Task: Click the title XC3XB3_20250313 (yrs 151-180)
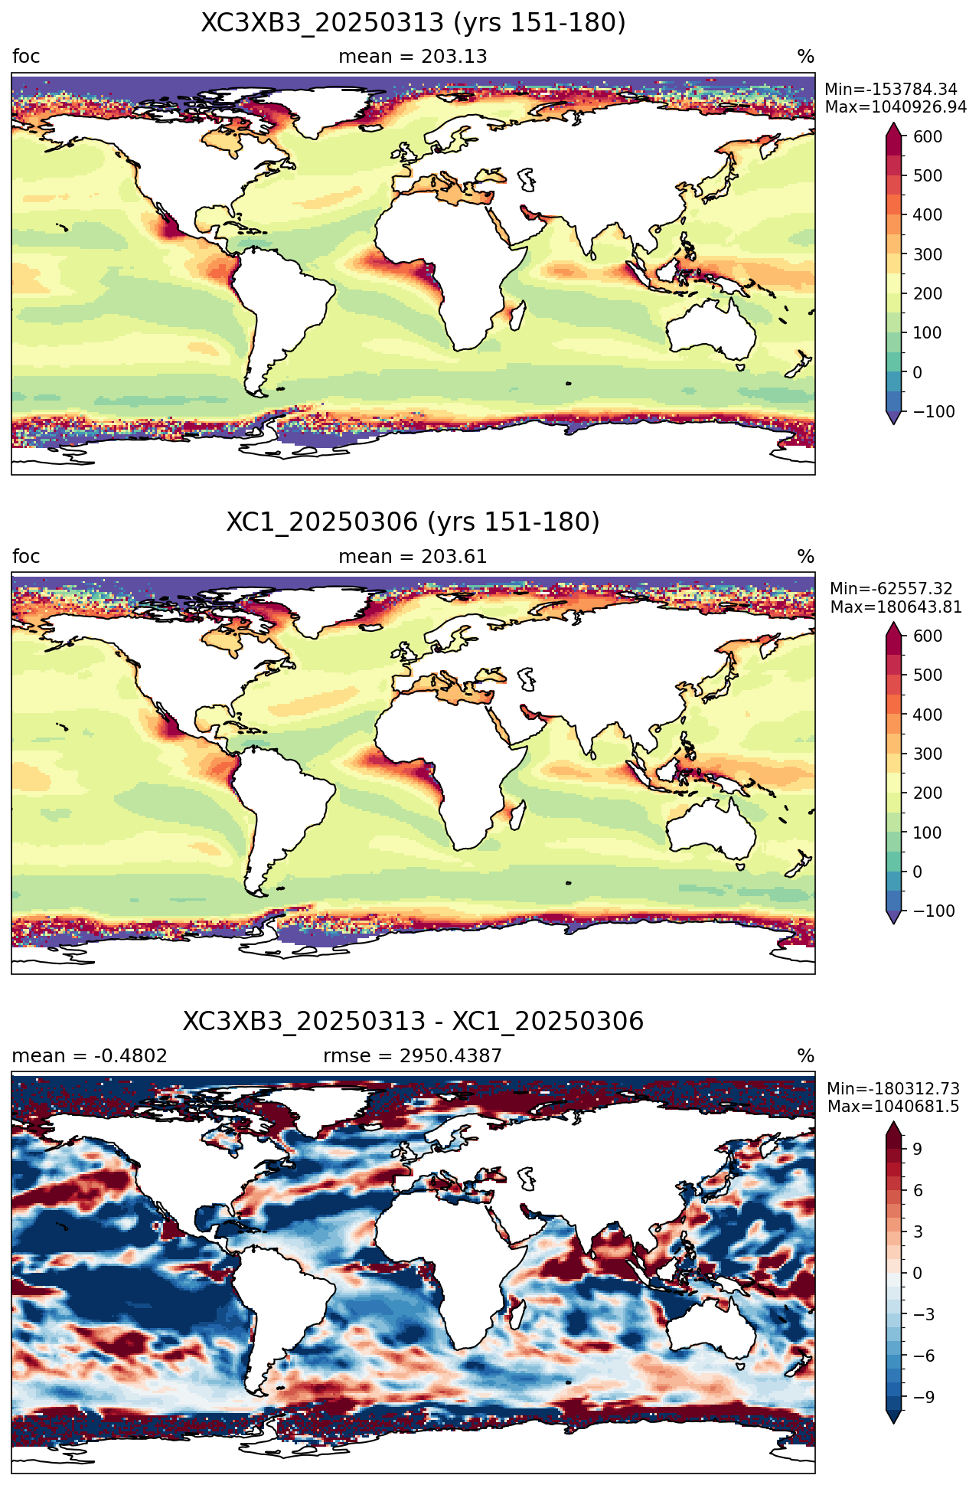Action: pyautogui.click(x=413, y=23)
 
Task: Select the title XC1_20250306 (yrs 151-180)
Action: pyautogui.click(x=413, y=522)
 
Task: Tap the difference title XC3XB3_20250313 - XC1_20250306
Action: pyautogui.click(x=413, y=1022)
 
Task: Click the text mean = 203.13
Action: pyautogui.click(x=413, y=57)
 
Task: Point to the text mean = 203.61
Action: pyautogui.click(x=413, y=556)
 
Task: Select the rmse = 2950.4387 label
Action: pyautogui.click(x=413, y=1056)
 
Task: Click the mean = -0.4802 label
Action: pyautogui.click(x=90, y=1056)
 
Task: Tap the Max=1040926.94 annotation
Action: pyautogui.click(x=896, y=107)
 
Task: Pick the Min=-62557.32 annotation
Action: pyautogui.click(x=891, y=589)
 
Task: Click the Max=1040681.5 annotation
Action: pyautogui.click(x=893, y=1107)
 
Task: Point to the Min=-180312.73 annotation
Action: pyautogui.click(x=893, y=1089)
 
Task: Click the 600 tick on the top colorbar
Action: pyautogui.click(x=928, y=136)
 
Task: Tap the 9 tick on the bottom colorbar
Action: pyautogui.click(x=917, y=1149)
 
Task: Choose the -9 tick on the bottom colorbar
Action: pyautogui.click(x=923, y=1397)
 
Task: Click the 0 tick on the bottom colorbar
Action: pyautogui.click(x=917, y=1273)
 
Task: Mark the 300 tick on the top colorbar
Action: pyautogui.click(x=928, y=254)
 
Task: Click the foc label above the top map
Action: pyautogui.click(x=26, y=57)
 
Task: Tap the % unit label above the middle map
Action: pyautogui.click(x=806, y=556)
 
